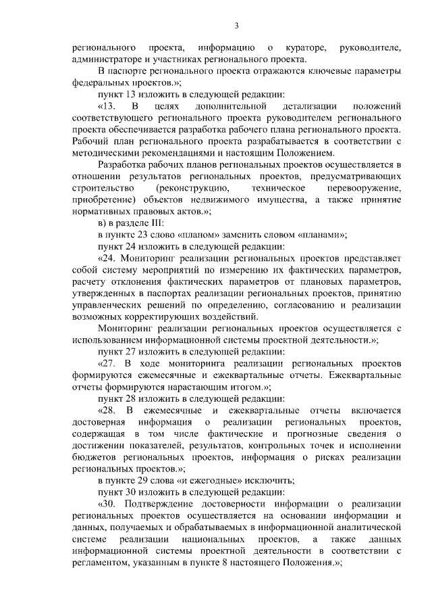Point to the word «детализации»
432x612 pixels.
point(304,107)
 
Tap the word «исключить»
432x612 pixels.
point(248,481)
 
